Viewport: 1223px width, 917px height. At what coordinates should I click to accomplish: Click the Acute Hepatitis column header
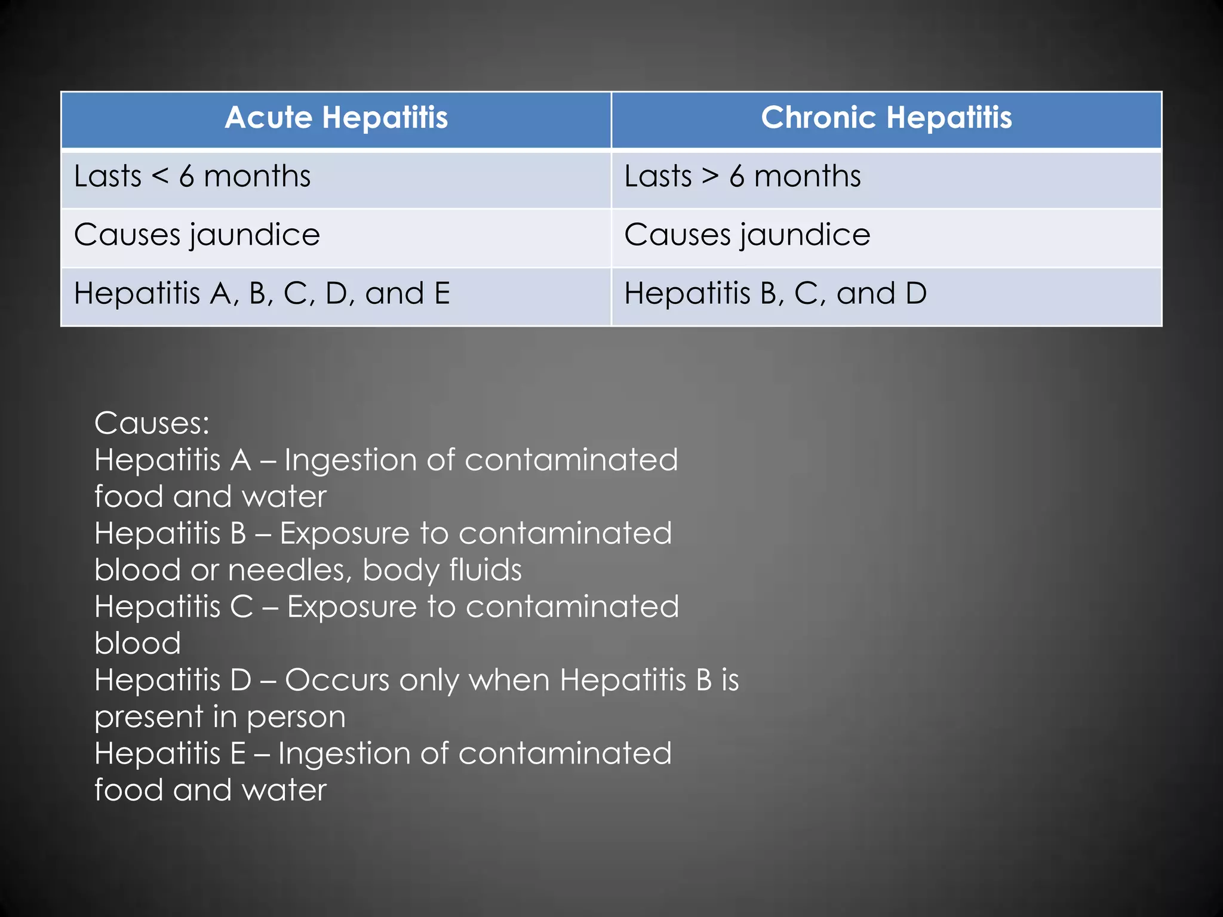click(336, 118)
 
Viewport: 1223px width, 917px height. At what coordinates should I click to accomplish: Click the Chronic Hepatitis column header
click(886, 118)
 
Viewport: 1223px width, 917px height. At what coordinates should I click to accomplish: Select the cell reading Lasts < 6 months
click(192, 177)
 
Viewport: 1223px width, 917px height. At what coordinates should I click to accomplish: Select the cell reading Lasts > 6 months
click(742, 177)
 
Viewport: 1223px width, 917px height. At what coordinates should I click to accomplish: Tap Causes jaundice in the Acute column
click(197, 235)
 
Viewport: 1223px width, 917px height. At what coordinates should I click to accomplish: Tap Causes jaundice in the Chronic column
click(747, 235)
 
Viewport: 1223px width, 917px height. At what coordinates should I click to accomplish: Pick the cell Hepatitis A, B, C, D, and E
click(262, 294)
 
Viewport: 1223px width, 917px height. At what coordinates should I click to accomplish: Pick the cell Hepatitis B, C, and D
click(775, 294)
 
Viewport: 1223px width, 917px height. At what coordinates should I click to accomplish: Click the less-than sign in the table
click(160, 177)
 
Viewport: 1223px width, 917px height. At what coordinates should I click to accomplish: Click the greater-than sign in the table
click(710, 177)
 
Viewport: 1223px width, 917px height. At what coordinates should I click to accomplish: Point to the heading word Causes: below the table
click(152, 423)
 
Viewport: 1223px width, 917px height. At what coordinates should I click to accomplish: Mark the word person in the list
click(296, 717)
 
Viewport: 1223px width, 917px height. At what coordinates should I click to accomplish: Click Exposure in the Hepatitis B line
click(345, 534)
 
